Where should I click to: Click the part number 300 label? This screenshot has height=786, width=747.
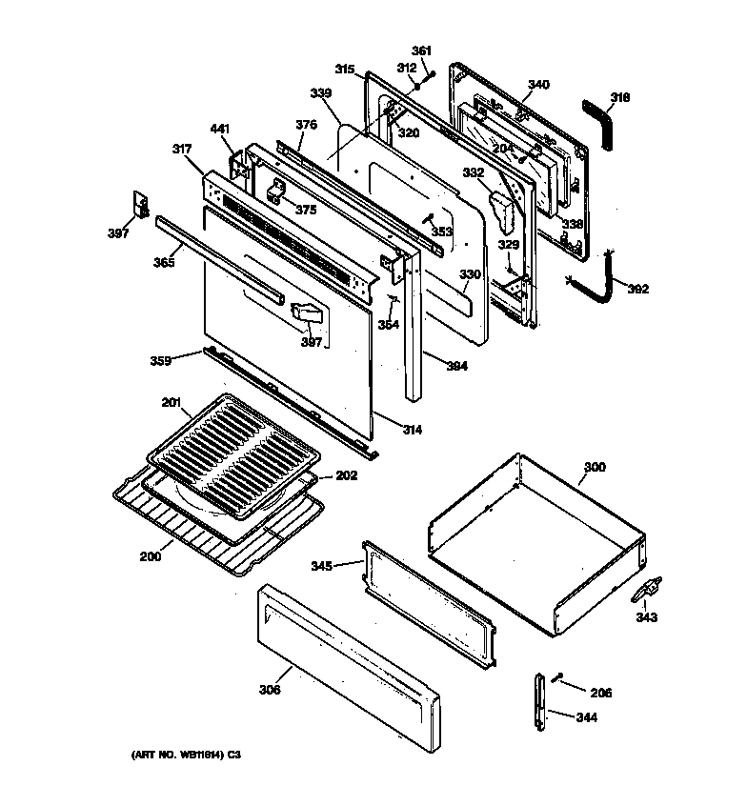coord(594,468)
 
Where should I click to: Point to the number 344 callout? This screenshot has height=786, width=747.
coord(587,717)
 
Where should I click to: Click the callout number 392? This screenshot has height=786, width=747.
coord(637,289)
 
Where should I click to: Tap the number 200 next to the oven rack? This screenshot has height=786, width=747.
coord(149,556)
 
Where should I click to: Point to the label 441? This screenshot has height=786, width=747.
coord(220,129)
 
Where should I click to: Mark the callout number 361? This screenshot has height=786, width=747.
coord(421,50)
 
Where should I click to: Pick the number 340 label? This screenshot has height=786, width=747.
coord(537,85)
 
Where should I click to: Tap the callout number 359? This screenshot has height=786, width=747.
coord(161,361)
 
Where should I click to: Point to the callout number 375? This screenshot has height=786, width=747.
coord(305,210)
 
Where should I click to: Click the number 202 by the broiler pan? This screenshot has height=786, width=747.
coord(347,475)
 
